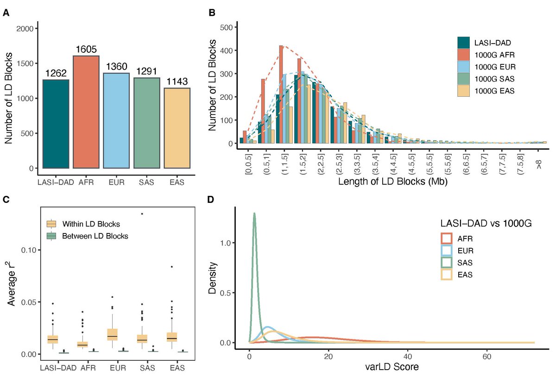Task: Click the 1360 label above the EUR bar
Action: point(116,67)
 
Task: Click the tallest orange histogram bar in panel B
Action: point(281,94)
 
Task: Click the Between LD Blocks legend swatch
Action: point(52,236)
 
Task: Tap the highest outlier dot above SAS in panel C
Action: point(142,214)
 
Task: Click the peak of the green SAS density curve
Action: point(254,214)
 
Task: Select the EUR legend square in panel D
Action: point(447,251)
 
